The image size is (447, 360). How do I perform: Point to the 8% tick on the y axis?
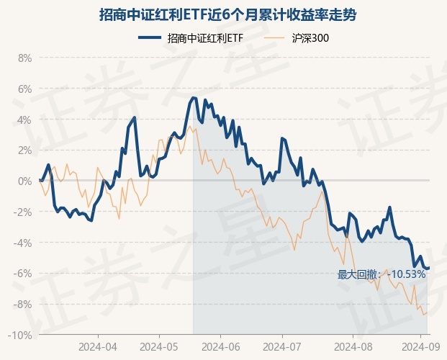coord(24,58)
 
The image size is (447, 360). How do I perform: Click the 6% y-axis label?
coord(24,89)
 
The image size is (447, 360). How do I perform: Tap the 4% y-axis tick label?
coord(24,120)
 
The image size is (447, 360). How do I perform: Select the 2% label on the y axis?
coord(24,150)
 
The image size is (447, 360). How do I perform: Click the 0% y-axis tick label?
coord(24,181)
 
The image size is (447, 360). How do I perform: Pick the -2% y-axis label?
coord(23,212)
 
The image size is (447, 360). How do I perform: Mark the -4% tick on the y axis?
coord(23,243)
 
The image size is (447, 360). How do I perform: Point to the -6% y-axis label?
coord(23,274)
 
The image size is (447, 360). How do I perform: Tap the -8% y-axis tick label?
coord(23,305)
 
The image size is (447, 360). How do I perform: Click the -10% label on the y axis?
coord(21,336)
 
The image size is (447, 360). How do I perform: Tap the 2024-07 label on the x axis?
coord(281,346)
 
